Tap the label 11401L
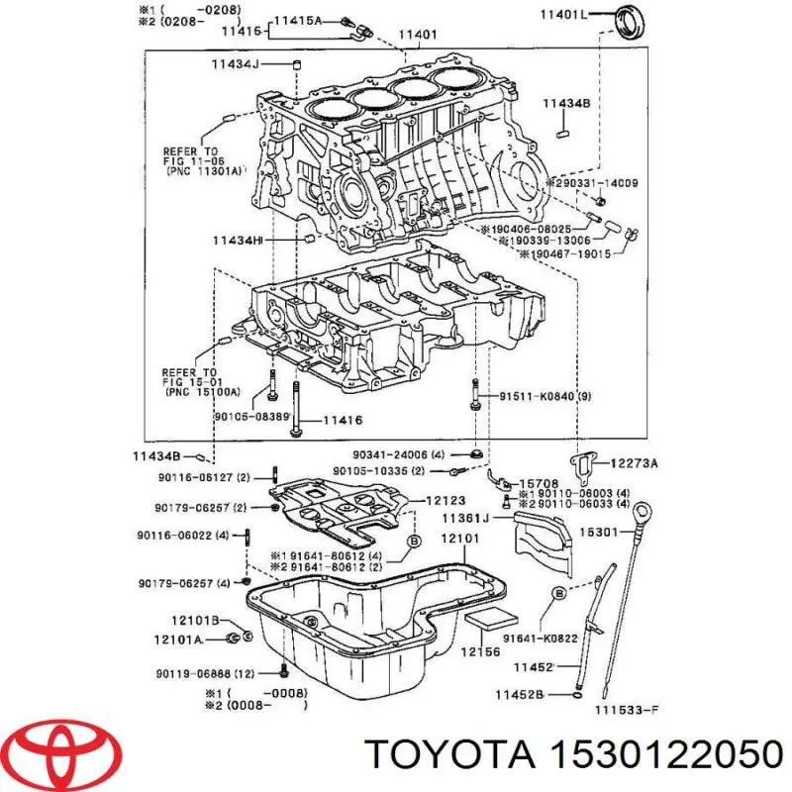click(563, 14)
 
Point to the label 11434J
click(234, 65)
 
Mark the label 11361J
click(465, 519)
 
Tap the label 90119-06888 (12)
click(213, 674)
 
